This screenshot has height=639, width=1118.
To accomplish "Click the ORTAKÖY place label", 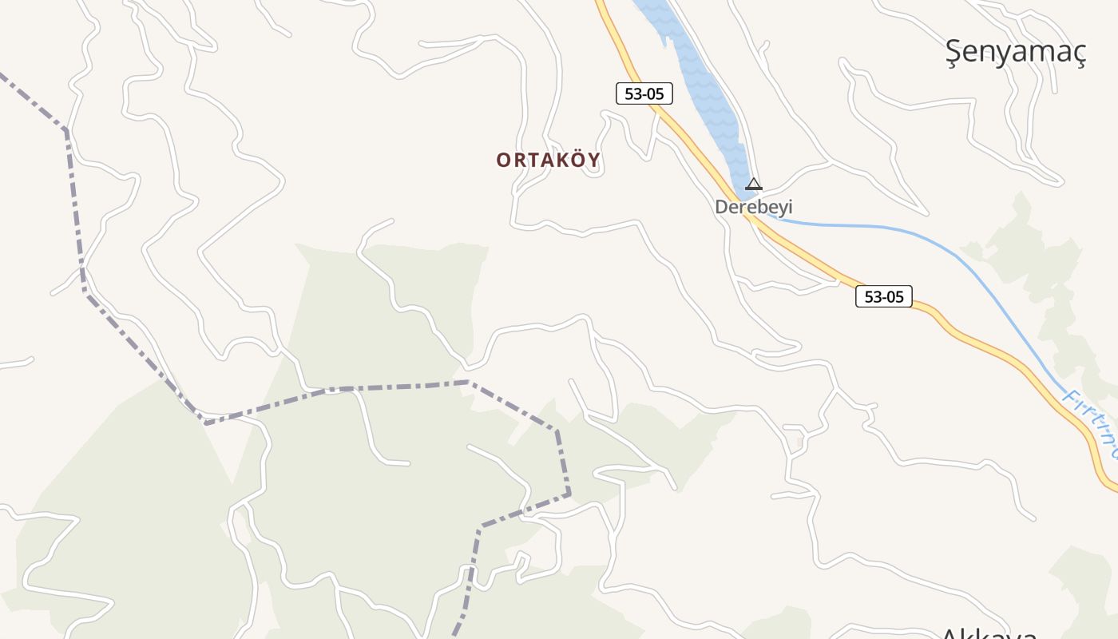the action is tap(548, 160).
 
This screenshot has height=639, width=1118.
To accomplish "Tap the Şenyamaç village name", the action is tap(1016, 52).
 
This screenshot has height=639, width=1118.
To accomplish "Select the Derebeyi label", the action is tap(753, 207).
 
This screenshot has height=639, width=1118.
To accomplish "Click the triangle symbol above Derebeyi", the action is tap(753, 185).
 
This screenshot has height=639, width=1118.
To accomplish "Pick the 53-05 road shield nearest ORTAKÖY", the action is tap(644, 93).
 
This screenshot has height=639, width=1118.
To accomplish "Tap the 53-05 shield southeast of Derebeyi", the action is tap(884, 296).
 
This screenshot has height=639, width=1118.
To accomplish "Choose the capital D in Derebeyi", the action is tap(721, 207).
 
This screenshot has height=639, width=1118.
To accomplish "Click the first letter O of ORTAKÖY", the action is tap(503, 160).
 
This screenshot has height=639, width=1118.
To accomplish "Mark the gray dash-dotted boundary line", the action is tap(335, 390).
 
